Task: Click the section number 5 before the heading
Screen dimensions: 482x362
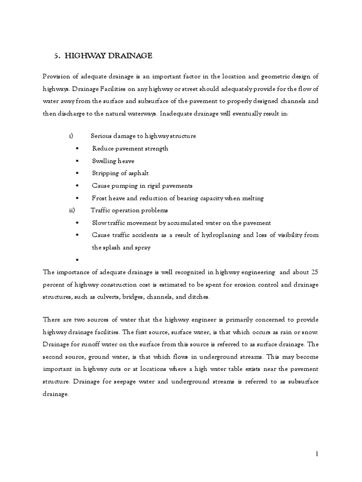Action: (x=57, y=56)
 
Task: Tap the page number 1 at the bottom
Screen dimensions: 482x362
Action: (x=317, y=454)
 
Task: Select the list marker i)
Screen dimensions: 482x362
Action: (x=71, y=136)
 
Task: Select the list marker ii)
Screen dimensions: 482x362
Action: (x=72, y=210)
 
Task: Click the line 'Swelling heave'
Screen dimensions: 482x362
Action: (x=113, y=161)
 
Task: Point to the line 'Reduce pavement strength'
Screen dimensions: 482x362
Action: (x=130, y=148)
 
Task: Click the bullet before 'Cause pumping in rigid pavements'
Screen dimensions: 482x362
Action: (x=77, y=186)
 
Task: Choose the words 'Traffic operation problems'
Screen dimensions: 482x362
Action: (x=129, y=210)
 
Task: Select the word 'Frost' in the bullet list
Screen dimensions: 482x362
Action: (x=100, y=198)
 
